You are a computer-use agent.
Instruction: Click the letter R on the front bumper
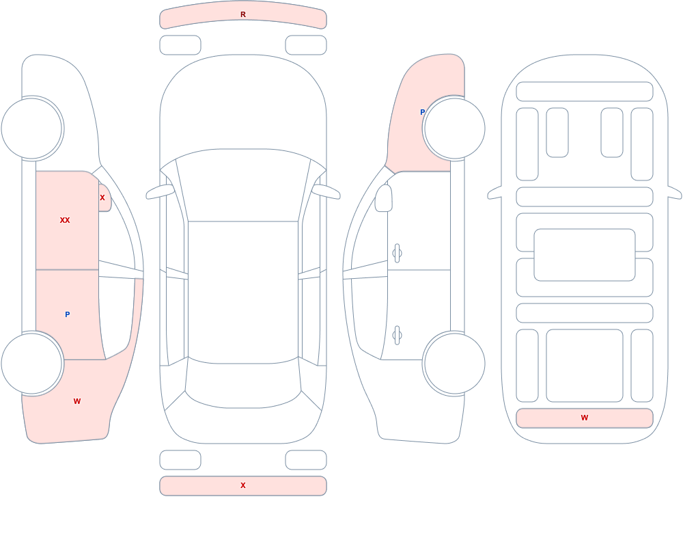pyautogui.click(x=243, y=14)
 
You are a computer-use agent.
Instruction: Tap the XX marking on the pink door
pyautogui.click(x=65, y=220)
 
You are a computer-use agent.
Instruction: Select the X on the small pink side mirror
pyautogui.click(x=102, y=198)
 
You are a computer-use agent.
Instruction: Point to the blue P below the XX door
pyautogui.click(x=67, y=314)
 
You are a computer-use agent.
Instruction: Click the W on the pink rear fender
pyautogui.click(x=77, y=401)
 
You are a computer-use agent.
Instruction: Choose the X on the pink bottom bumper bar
pyautogui.click(x=243, y=485)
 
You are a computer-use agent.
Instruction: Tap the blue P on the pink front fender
pyautogui.click(x=422, y=112)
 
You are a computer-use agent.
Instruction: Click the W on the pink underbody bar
pyautogui.click(x=585, y=418)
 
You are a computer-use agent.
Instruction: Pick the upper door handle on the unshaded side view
pyautogui.click(x=397, y=254)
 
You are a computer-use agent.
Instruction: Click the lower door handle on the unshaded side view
pyautogui.click(x=397, y=336)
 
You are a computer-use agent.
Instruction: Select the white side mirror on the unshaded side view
pyautogui.click(x=384, y=198)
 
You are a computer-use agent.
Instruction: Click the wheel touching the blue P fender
pyautogui.click(x=454, y=128)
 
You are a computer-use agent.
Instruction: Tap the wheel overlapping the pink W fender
pyautogui.click(x=31, y=364)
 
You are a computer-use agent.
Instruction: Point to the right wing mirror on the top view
pyautogui.click(x=326, y=192)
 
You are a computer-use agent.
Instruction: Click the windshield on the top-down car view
pyautogui.click(x=243, y=185)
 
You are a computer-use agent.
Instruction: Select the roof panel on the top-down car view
pyautogui.click(x=243, y=292)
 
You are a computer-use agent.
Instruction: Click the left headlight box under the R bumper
pyautogui.click(x=180, y=45)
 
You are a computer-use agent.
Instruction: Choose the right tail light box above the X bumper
pyautogui.click(x=306, y=460)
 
